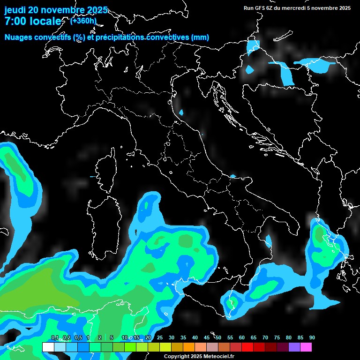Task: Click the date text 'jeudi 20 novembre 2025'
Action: pyautogui.click(x=56, y=10)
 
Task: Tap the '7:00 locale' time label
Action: pyautogui.click(x=32, y=22)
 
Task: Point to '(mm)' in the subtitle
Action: pyautogui.click(x=200, y=37)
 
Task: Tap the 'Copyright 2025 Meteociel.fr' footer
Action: pyautogui.click(x=199, y=357)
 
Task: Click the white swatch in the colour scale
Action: pyautogui.click(x=48, y=347)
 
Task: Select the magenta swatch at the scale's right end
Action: pyautogui.click(x=306, y=347)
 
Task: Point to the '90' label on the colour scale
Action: pyautogui.click(x=312, y=338)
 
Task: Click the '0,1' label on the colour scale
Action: pyautogui.click(x=55, y=338)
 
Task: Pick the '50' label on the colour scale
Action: pyautogui.click(x=218, y=338)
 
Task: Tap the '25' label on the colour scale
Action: pyautogui.click(x=160, y=338)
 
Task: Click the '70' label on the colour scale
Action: pyautogui.click(x=265, y=338)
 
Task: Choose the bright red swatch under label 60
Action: pyautogui.click(x=247, y=347)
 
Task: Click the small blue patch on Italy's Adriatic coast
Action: pyautogui.click(x=181, y=112)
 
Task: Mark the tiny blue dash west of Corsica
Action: pyautogui.click(x=92, y=177)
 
